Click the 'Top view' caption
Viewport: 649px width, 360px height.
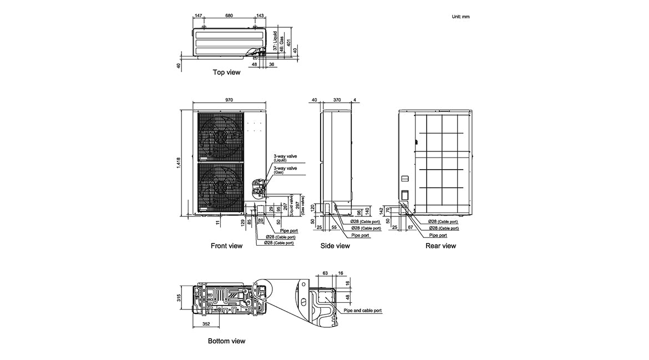[226, 72]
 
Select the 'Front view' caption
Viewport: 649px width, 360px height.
[226, 245]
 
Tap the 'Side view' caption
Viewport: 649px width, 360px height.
[335, 245]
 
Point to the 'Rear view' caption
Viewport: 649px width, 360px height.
[440, 245]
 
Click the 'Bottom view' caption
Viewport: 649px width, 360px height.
[226, 341]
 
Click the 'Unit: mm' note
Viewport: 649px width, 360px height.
[461, 17]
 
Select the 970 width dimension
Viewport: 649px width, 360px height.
[229, 100]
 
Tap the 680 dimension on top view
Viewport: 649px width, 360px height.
[229, 16]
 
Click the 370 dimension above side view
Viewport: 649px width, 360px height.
[337, 100]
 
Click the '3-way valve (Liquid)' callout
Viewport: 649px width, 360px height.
[285, 158]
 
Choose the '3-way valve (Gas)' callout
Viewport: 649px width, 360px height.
[285, 169]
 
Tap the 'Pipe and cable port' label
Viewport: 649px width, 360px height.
[363, 311]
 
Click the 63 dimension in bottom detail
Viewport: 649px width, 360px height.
[326, 273]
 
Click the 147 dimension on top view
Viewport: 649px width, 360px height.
[199, 16]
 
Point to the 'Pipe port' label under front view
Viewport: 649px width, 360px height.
[289, 230]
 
